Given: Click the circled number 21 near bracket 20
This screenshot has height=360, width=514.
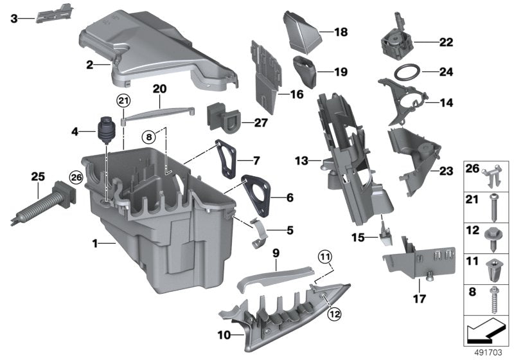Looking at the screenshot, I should [123, 100].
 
